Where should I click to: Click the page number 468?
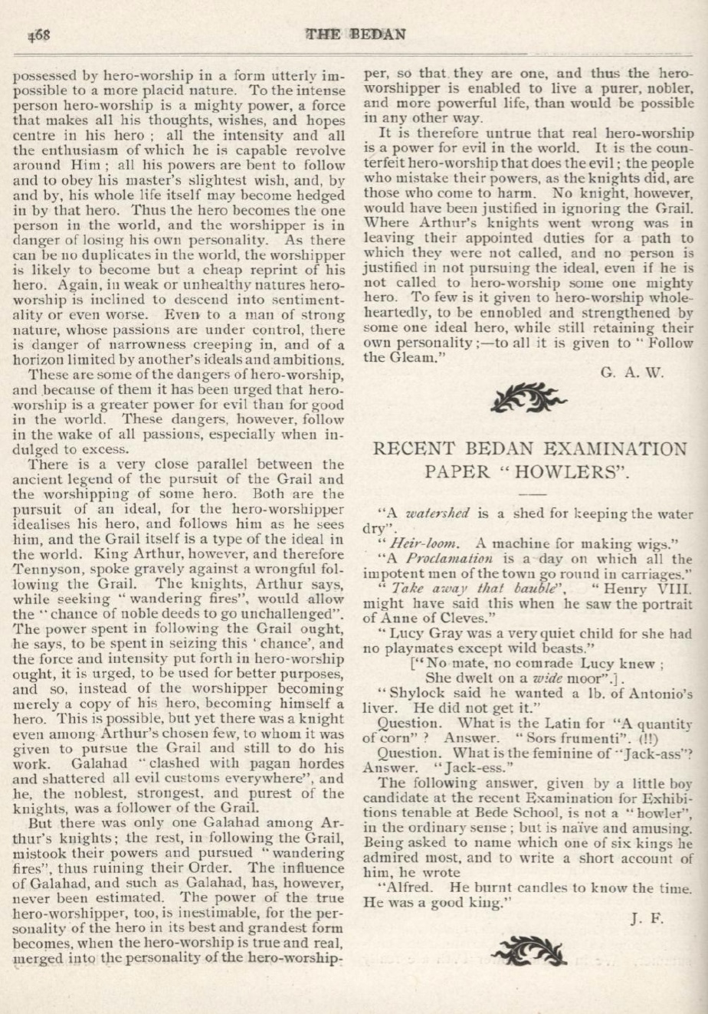pyautogui.click(x=38, y=35)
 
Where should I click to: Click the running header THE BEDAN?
pyautogui.click(x=355, y=34)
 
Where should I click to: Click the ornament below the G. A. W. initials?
pyautogui.click(x=529, y=399)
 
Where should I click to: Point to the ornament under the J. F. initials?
pyautogui.click(x=529, y=953)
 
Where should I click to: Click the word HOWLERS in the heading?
pyautogui.click(x=572, y=471)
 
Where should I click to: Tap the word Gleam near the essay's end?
pyautogui.click(x=409, y=357)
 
